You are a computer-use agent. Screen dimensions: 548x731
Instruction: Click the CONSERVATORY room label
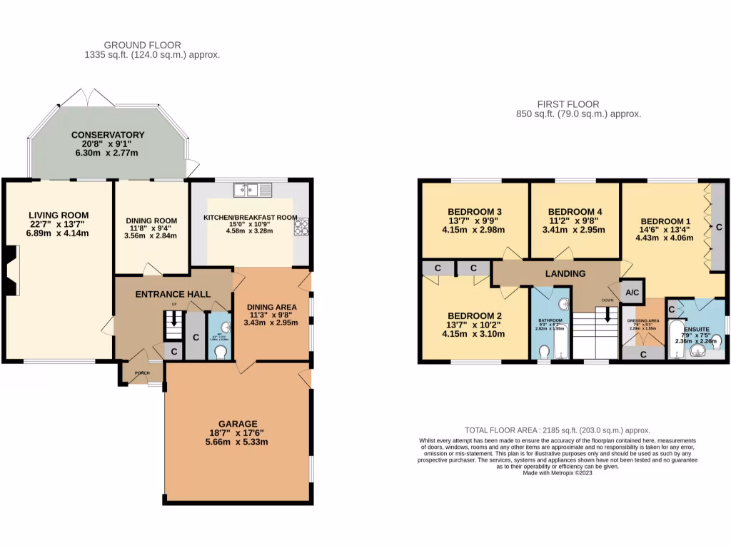[x=108, y=135]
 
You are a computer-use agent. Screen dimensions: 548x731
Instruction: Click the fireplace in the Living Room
[x=9, y=270]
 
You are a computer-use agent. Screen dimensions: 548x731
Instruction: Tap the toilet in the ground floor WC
[x=220, y=352]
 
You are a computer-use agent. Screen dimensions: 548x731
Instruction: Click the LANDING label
[x=565, y=273]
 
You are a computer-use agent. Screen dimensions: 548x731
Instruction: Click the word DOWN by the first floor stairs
[x=608, y=300]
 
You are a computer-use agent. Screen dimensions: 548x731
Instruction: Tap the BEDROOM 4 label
[x=575, y=212]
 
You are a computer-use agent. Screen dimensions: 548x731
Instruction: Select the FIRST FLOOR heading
[x=578, y=103]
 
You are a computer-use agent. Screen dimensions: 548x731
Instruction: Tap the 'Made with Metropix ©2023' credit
[x=558, y=472]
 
